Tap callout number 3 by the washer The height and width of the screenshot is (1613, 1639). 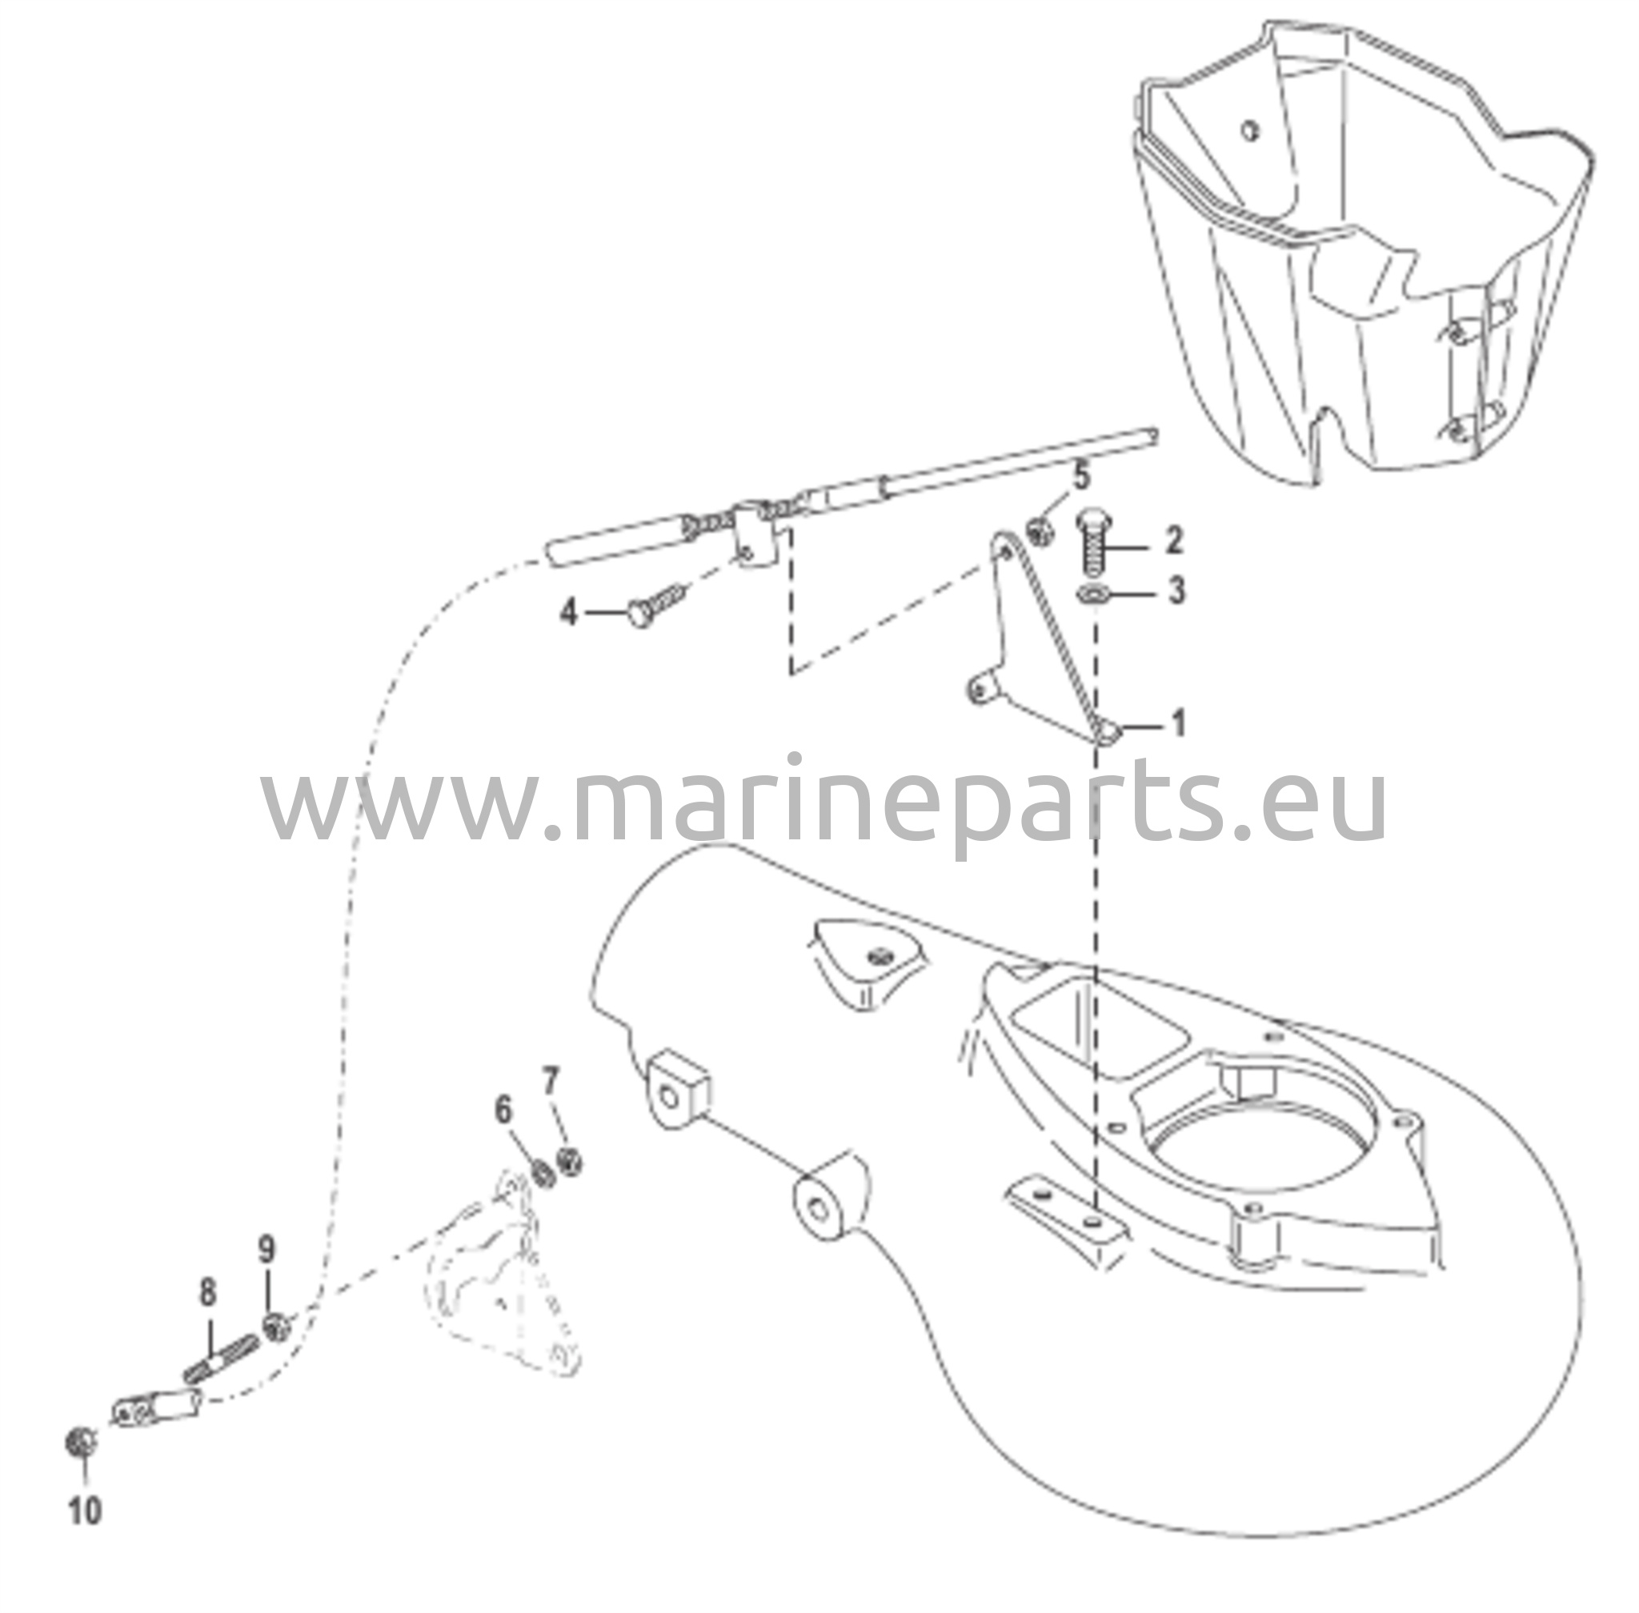click(1176, 590)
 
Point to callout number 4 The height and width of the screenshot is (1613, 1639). click(569, 611)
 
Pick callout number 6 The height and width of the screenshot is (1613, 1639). click(503, 1109)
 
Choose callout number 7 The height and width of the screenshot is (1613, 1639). click(551, 1082)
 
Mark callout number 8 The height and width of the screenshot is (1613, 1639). click(207, 1293)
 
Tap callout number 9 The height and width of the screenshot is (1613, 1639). click(267, 1249)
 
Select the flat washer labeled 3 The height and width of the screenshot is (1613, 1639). click(1092, 593)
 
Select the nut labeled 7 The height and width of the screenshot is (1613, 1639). click(570, 1160)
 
